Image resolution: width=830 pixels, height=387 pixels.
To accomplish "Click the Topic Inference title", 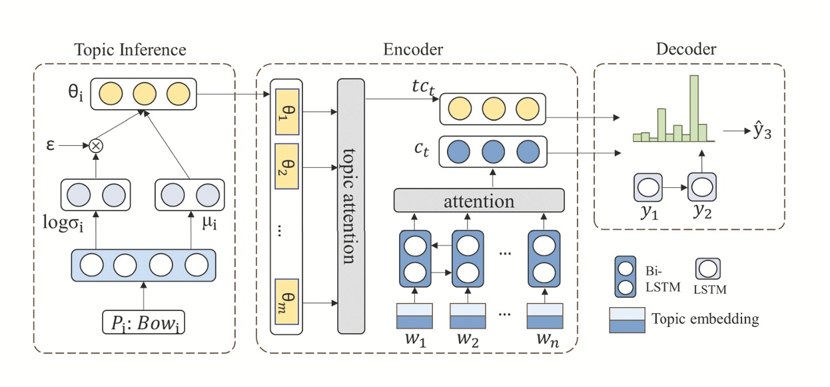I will click(130, 50).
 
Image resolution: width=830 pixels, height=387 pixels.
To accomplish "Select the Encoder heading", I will click(413, 50).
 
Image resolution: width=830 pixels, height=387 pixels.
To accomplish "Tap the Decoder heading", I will click(686, 49).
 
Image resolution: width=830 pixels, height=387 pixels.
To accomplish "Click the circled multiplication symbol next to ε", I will click(96, 144).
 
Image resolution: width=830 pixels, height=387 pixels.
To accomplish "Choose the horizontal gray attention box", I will click(479, 200).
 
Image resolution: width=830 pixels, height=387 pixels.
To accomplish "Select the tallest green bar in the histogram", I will click(694, 108).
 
